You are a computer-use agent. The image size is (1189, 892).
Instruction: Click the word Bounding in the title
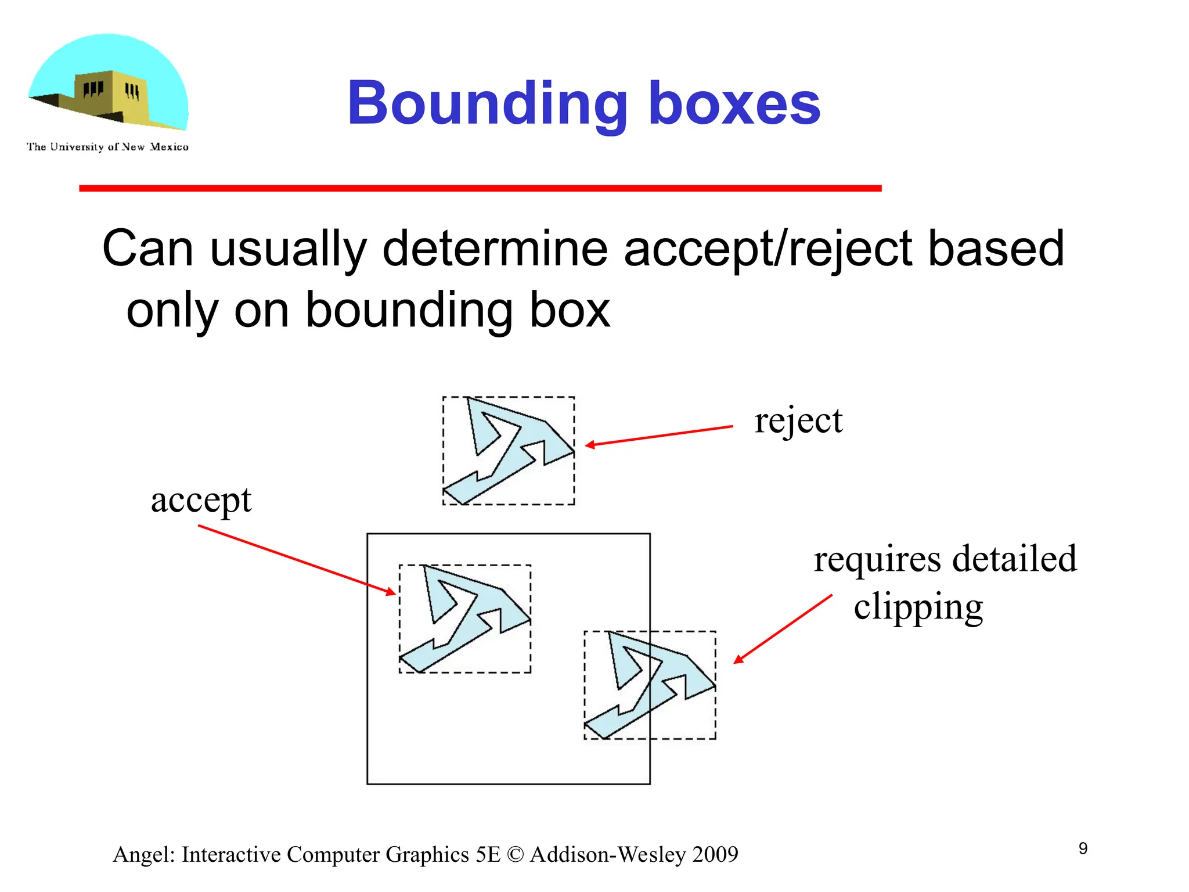click(x=487, y=105)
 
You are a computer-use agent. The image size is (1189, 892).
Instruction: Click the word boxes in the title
click(x=734, y=105)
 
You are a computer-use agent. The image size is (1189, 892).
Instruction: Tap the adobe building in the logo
click(x=110, y=96)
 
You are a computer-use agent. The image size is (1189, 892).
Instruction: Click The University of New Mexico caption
click(x=107, y=147)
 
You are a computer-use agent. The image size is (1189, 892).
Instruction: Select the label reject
click(x=798, y=420)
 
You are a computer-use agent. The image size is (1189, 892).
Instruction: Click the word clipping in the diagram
click(x=918, y=607)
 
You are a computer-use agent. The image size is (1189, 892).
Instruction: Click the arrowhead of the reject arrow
click(x=589, y=445)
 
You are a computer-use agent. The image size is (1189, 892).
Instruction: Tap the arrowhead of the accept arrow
click(x=392, y=592)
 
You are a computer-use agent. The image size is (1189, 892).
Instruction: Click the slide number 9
click(x=1083, y=848)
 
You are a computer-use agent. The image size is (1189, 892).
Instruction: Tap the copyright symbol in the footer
click(x=514, y=855)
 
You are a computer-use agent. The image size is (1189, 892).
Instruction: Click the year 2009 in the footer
click(x=715, y=855)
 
